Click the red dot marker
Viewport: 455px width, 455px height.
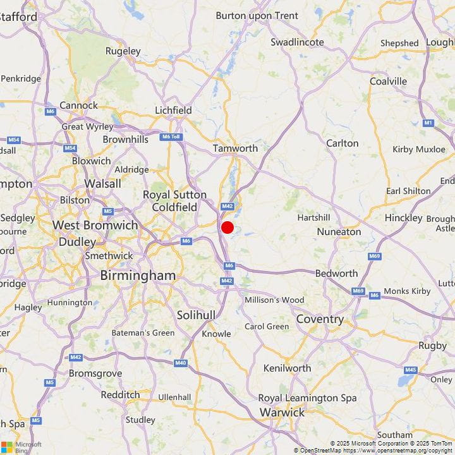tap(227, 227)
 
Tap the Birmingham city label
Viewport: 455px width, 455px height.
tap(138, 276)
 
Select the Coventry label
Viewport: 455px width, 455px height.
tap(320, 319)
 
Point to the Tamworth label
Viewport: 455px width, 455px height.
tap(235, 148)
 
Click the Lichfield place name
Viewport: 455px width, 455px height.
tap(173, 110)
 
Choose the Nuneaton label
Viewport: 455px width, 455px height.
tap(339, 231)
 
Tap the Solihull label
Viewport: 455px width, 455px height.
tap(196, 315)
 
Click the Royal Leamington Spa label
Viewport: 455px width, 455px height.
tap(307, 398)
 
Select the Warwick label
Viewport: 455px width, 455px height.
tap(282, 413)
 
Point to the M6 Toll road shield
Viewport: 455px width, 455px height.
tap(171, 136)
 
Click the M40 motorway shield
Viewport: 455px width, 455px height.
tap(181, 363)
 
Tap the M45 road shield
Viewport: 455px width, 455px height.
tap(411, 370)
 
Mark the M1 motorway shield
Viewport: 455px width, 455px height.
tap(428, 122)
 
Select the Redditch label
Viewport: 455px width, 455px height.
tap(120, 394)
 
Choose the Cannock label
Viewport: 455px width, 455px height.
tap(78, 105)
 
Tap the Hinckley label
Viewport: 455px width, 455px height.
tap(403, 217)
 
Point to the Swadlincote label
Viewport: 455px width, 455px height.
tap(297, 42)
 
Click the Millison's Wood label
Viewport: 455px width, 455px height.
tap(274, 300)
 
